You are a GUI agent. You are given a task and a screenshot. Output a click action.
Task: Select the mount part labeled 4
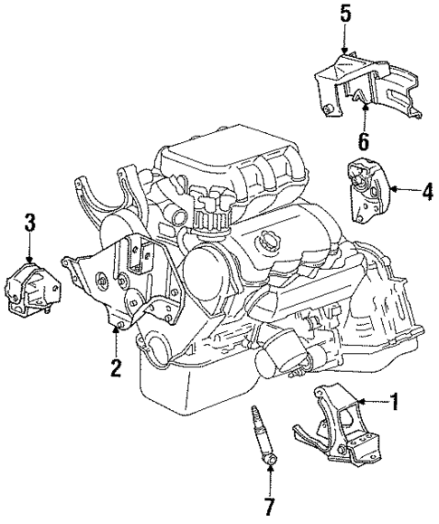click(x=367, y=192)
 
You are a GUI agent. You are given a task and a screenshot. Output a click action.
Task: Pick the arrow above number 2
click(x=115, y=342)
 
